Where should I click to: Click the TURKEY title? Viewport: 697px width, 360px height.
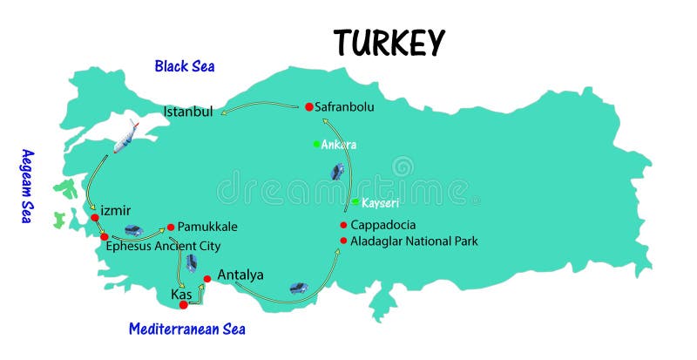tap(389, 42)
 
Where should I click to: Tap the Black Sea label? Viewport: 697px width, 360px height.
tap(185, 65)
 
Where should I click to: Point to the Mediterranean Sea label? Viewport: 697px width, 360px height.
tap(186, 329)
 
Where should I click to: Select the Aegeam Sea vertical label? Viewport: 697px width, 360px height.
tap(26, 186)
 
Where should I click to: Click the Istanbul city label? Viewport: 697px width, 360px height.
tap(188, 112)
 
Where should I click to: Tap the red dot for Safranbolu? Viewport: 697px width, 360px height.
tap(308, 107)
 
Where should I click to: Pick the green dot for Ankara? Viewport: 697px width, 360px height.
tap(316, 144)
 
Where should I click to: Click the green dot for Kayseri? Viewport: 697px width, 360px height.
tap(355, 202)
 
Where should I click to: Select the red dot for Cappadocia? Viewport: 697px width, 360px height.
tap(344, 225)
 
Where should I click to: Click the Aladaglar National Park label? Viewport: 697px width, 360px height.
tap(414, 241)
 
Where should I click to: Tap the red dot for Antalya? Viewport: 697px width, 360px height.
tap(207, 280)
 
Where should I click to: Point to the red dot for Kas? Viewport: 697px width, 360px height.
tap(183, 305)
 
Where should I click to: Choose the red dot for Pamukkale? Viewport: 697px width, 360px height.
tap(171, 227)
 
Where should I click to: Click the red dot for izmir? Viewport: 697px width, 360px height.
tap(94, 217)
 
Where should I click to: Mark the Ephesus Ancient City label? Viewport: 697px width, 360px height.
tap(163, 247)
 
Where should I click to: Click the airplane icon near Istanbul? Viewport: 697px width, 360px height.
tap(125, 135)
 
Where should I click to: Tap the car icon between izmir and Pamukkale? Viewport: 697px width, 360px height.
tap(133, 230)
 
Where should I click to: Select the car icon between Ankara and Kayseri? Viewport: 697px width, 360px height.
tap(337, 172)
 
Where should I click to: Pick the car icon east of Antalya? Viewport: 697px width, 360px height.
tap(298, 287)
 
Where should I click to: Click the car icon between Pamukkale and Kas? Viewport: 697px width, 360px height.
tap(191, 262)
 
